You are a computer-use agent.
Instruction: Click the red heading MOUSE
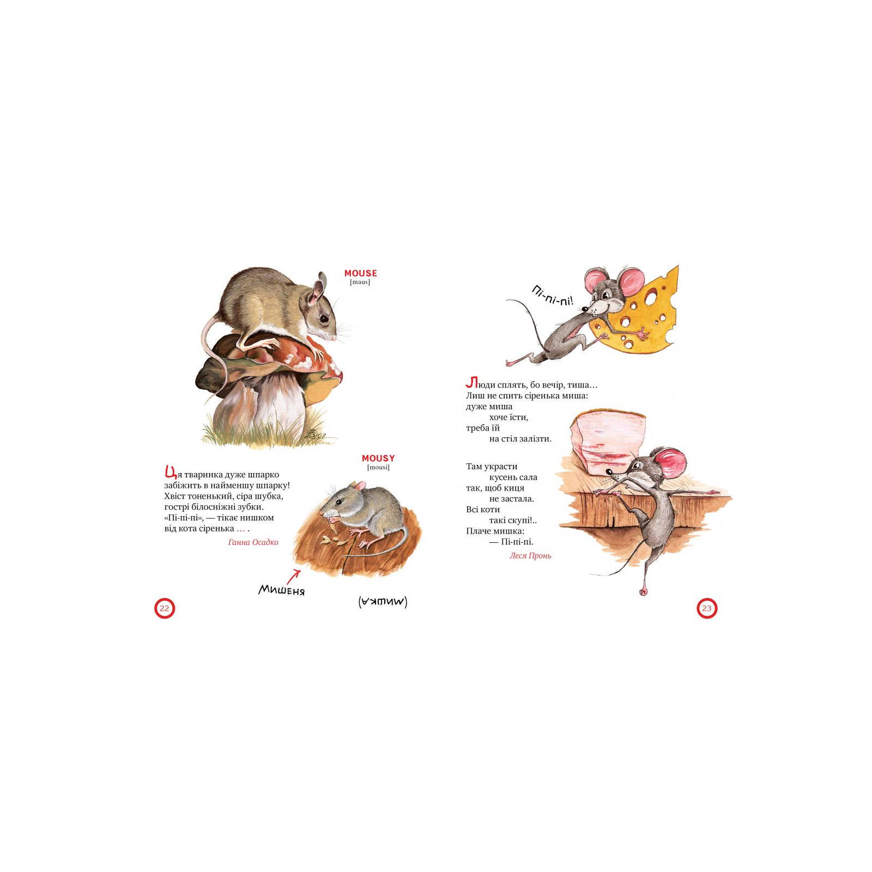pos(360,273)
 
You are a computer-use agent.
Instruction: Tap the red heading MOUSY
pos(378,458)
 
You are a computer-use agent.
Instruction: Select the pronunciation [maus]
pos(360,282)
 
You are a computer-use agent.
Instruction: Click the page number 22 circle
pos(165,608)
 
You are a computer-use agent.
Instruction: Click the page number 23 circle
pos(707,608)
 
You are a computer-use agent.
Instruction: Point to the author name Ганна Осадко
pos(253,542)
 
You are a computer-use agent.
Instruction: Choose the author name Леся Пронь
pos(530,556)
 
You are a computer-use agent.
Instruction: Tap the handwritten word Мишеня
pos(282,590)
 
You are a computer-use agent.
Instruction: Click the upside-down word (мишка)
pos(383,602)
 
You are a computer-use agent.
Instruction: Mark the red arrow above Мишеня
pos(294,577)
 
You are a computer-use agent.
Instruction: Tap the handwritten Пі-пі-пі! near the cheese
pos(552,296)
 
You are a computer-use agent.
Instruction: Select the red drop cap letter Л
pos(472,383)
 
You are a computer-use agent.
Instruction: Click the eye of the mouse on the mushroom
pos(324,318)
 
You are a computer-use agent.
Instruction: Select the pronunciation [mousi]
pos(378,468)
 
